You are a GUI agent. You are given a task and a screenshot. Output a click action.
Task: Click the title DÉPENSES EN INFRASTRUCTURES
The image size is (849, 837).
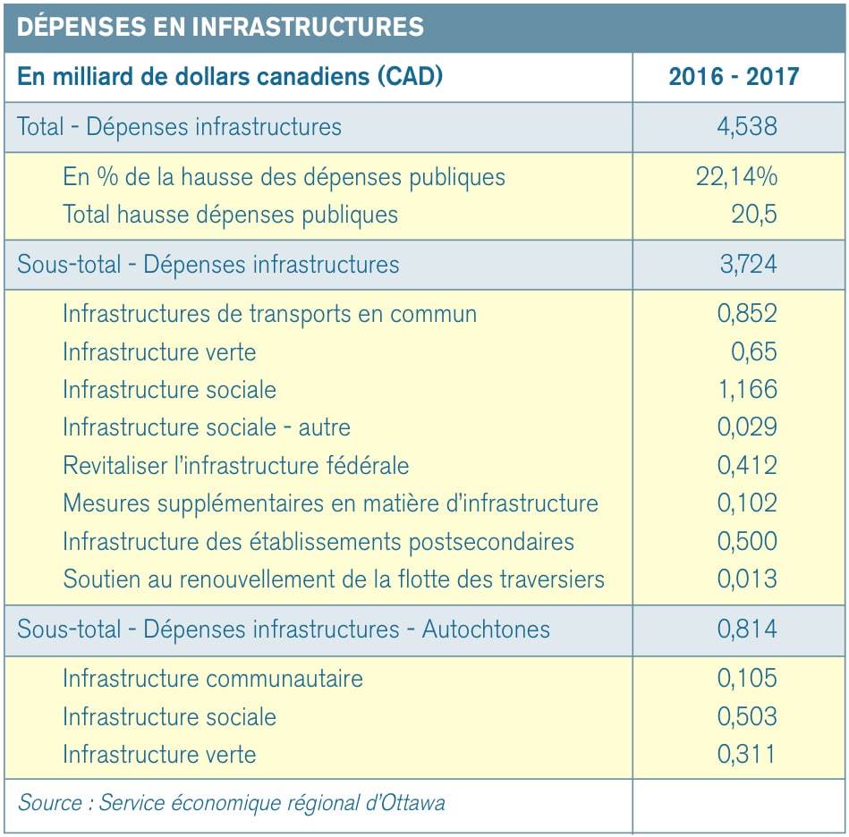220,26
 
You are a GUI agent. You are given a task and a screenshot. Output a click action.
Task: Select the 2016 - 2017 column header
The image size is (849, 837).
734,76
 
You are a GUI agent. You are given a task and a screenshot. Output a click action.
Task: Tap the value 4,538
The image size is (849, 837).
747,126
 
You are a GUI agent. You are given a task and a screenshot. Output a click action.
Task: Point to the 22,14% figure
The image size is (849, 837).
736,176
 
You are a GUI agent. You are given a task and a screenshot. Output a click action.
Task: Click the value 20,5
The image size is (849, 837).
754,215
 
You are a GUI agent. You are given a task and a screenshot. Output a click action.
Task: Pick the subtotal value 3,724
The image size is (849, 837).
748,264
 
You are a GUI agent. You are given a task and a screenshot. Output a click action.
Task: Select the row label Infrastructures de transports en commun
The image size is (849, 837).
269,315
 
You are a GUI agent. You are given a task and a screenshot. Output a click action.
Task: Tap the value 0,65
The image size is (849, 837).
754,351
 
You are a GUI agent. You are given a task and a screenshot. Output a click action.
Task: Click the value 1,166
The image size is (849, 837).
748,390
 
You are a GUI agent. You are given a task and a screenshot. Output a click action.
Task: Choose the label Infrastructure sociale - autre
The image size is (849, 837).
207,427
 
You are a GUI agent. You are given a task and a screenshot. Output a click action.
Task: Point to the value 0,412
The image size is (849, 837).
747,465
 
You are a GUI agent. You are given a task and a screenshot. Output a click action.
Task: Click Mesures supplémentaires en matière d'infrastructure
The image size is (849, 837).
330,503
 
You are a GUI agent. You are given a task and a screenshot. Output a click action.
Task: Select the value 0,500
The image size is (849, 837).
747,541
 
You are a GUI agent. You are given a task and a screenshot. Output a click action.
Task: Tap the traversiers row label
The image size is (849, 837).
334,579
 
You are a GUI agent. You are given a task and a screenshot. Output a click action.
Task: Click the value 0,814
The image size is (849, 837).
747,629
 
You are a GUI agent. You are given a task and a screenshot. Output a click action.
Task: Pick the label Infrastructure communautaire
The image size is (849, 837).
213,679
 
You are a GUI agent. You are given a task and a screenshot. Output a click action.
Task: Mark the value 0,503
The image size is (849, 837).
747,716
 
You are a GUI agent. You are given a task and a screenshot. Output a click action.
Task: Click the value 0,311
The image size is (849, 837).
746,754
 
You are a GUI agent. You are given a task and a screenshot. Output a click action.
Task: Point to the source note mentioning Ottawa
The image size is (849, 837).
231,803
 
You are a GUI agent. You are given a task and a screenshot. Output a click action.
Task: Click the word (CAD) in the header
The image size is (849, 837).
410,76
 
